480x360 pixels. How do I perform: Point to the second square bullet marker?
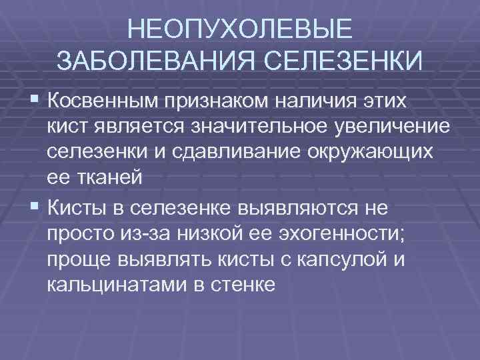(x=35, y=207)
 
